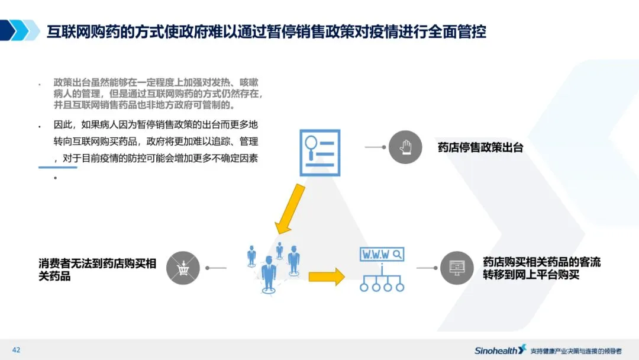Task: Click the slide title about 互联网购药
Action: click(266, 31)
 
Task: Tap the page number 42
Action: click(16, 350)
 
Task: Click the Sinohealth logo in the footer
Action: click(500, 350)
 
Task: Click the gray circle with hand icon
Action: click(405, 147)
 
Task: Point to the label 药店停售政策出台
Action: click(480, 147)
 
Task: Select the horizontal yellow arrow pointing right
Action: click(326, 276)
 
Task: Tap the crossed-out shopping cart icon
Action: click(183, 268)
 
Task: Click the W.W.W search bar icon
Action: click(382, 255)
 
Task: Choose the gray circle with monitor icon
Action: click(457, 268)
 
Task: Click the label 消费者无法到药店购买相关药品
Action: click(97, 269)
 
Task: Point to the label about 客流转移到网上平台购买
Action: click(541, 268)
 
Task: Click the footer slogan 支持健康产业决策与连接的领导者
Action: click(575, 351)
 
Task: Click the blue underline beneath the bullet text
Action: click(58, 168)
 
